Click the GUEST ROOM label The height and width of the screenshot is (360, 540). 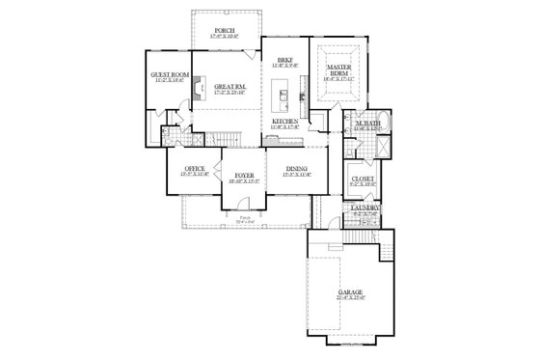point(166,74)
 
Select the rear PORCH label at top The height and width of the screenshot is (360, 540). point(223,31)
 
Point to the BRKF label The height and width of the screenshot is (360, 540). point(284,59)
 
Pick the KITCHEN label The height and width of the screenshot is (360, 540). point(284,121)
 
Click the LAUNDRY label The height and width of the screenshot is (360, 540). point(364,208)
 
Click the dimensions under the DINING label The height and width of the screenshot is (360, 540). point(297,176)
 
